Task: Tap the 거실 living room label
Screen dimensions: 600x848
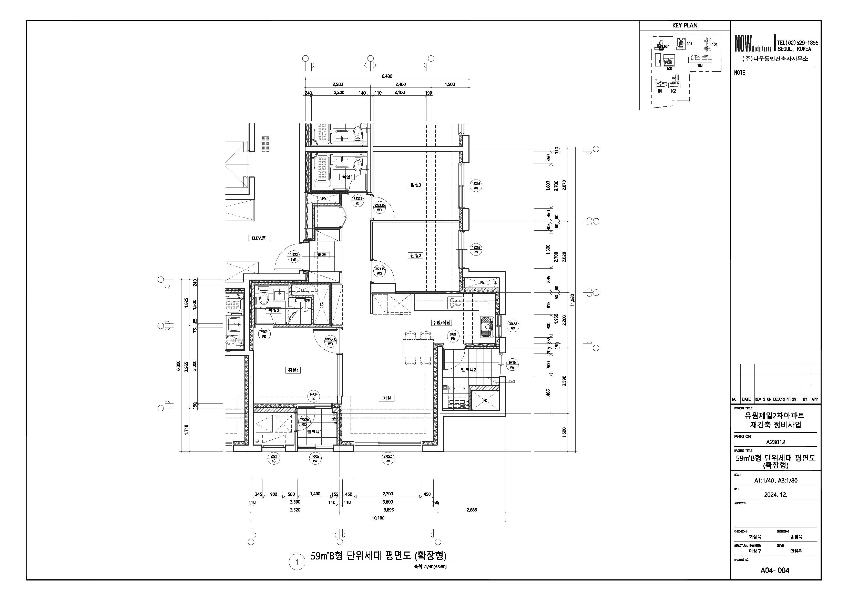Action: pyautogui.click(x=387, y=398)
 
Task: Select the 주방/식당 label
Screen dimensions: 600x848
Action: pyautogui.click(x=441, y=322)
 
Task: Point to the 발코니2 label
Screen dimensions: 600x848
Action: pyautogui.click(x=468, y=370)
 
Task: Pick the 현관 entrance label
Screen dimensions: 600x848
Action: pyautogui.click(x=321, y=255)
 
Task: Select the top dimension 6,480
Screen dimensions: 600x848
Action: pyautogui.click(x=387, y=76)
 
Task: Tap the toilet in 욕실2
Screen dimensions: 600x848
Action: pyautogui.click(x=264, y=298)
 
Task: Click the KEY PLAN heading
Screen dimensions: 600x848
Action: pyautogui.click(x=685, y=25)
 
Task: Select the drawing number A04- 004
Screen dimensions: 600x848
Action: pyautogui.click(x=775, y=571)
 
